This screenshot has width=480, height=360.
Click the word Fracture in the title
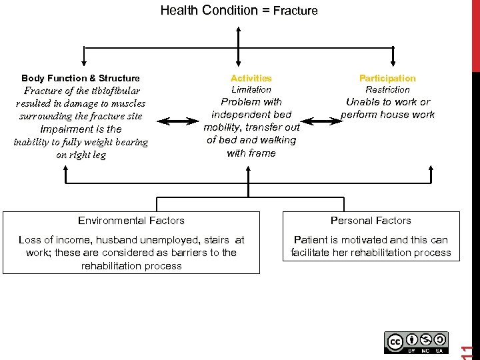coord(295,11)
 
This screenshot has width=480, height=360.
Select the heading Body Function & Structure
coord(81,78)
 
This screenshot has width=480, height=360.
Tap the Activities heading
coord(251,78)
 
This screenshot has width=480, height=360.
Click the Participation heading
coord(387,78)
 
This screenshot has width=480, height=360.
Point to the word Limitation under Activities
coord(251,89)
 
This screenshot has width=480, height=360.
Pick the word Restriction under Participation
coord(387,89)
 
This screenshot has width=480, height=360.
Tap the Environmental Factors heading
coord(131,221)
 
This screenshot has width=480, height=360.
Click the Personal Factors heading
coord(371,221)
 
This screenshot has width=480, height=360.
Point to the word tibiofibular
coord(109,91)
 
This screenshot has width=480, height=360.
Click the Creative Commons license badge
coord(416,342)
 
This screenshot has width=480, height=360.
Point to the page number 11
coord(468,351)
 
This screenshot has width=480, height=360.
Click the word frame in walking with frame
coord(263,153)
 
